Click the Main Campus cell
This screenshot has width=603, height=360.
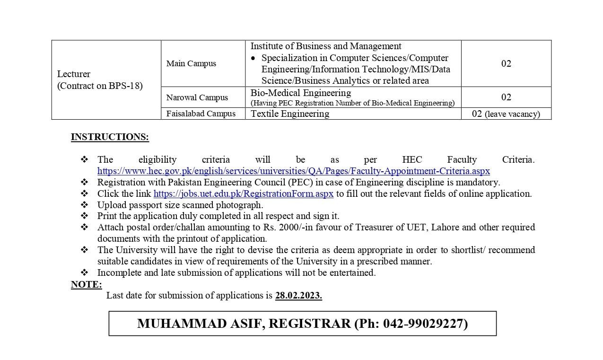[x=191, y=63]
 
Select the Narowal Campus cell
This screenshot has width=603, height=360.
[x=197, y=97]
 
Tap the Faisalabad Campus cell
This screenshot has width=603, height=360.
[x=201, y=114]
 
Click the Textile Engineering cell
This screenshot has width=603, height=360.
[x=290, y=114]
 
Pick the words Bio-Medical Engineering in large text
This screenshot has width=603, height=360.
[x=301, y=93]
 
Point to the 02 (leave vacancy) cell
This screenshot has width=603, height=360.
[x=506, y=114]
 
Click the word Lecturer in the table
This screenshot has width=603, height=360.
[x=74, y=74]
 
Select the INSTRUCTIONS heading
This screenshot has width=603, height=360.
[x=110, y=137]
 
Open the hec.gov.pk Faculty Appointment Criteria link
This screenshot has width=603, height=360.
[x=293, y=171]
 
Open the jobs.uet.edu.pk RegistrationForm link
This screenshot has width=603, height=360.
[x=244, y=193]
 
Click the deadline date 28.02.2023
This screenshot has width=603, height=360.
[x=298, y=296]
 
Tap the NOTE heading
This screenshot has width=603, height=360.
[x=86, y=284]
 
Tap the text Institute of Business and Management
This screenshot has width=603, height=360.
[x=326, y=46]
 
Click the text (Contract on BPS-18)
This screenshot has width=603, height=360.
[x=100, y=86]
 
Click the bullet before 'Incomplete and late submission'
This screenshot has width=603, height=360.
[x=84, y=272]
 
